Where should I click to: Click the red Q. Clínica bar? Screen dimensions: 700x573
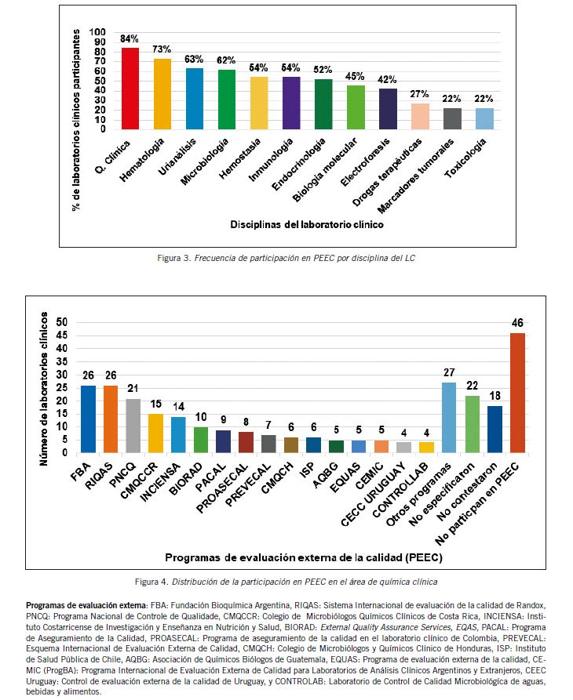130,89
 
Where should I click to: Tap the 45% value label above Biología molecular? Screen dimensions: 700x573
355,76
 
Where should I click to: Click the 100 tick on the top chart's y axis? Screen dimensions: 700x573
98,33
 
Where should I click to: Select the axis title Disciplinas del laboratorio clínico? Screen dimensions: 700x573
307,225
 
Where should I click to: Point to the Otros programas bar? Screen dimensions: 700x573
450,418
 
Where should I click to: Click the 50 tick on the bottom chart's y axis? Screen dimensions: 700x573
62,322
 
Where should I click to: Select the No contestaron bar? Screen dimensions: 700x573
495,430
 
